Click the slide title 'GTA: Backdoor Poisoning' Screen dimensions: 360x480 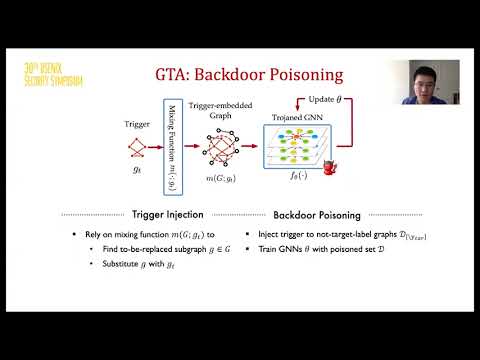pyautogui.click(x=240, y=74)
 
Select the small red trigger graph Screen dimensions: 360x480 pyautogui.click(x=137, y=149)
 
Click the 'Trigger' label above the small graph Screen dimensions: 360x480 pyautogui.click(x=136, y=124)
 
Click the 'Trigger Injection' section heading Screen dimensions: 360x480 pyautogui.click(x=169, y=213)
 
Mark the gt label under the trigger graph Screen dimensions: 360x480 pyautogui.click(x=137, y=171)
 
